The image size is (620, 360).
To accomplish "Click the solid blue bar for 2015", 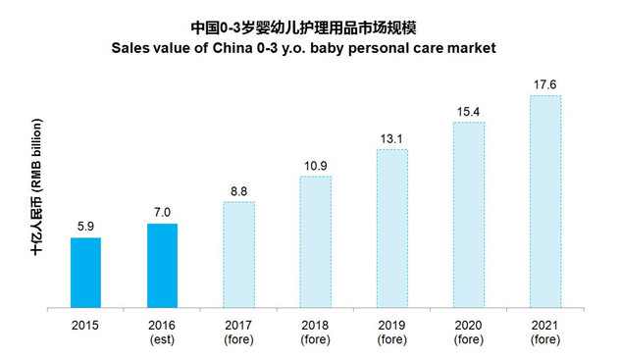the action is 85,273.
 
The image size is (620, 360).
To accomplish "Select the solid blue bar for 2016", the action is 162,266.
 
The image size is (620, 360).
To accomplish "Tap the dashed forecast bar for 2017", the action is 238,254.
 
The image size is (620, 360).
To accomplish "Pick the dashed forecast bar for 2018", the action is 316,242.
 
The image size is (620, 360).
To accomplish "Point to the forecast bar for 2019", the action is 392,229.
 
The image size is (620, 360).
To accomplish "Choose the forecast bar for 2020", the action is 469,215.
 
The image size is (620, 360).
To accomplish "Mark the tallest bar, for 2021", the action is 545,201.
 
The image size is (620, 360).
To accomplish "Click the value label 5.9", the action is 85,227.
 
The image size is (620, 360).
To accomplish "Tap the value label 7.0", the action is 162,213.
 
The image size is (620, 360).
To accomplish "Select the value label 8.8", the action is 238,191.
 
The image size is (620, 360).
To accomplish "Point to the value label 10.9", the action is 316,166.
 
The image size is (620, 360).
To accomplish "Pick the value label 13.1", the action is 391,139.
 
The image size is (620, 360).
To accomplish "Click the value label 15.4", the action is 469,112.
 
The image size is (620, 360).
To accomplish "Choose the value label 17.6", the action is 545,84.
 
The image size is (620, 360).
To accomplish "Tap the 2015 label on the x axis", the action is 85,326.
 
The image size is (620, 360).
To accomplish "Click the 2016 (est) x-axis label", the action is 162,333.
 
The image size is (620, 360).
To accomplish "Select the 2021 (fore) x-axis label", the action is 545,333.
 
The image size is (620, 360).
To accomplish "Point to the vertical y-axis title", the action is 36,187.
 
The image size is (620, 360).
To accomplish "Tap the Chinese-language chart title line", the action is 303,28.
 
